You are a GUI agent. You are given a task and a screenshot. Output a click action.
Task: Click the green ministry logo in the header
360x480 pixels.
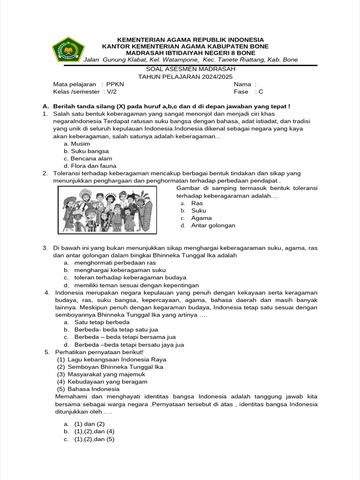(x=67, y=49)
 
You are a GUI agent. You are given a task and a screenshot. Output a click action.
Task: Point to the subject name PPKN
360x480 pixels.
(x=115, y=84)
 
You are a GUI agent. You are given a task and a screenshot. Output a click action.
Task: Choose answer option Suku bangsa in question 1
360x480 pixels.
(x=90, y=151)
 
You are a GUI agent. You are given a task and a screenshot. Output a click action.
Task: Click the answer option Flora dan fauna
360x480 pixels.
(x=93, y=166)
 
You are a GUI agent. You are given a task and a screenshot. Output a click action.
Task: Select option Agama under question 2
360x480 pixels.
(x=201, y=218)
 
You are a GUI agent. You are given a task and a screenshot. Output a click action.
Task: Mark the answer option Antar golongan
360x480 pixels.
(x=213, y=225)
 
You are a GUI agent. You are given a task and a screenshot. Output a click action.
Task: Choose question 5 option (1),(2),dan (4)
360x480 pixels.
(x=94, y=431)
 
